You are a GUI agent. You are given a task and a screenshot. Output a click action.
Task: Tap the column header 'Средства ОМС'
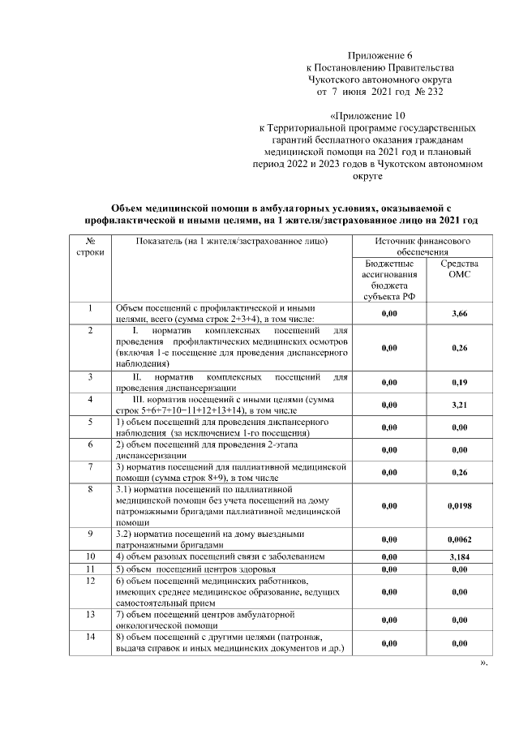pos(459,270)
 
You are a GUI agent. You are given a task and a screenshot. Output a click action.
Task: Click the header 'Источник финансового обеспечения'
pos(422,247)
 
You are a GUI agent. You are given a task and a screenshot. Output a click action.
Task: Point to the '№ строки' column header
pos(91,247)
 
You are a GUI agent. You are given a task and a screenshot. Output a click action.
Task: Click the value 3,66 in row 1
pos(459,313)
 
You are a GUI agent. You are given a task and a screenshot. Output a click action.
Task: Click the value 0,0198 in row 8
pos(459,505)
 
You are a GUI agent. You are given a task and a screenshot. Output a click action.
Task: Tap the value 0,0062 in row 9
pos(459,539)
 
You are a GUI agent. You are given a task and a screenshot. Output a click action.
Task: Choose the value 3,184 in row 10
pos(459,558)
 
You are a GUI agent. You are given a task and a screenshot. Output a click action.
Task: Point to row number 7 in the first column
pos(91,468)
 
